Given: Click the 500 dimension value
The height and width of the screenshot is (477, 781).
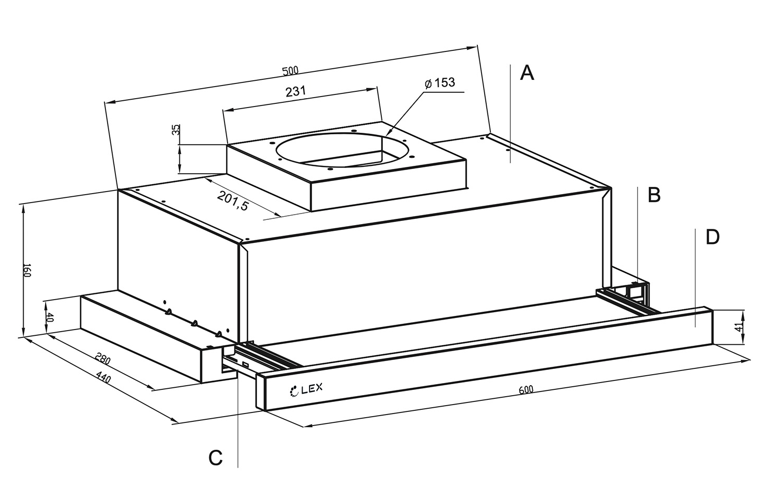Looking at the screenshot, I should tap(290, 71).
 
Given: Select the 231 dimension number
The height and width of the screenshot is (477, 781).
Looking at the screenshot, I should tap(295, 91).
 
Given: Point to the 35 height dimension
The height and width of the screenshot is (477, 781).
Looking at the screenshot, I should tap(177, 129).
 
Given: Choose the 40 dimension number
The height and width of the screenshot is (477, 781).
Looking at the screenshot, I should tap(50, 317).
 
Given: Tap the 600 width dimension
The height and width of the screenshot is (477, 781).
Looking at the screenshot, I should tap(526, 390).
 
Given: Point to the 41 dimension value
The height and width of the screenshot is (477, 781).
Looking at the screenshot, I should tap(739, 327).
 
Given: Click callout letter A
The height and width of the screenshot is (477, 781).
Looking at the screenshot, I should tap(527, 73).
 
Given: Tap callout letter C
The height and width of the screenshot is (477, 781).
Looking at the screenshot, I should tap(215, 458).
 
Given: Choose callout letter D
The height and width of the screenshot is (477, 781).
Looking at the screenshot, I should tap(712, 237).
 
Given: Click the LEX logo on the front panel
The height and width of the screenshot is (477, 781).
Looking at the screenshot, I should tap(307, 389).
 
